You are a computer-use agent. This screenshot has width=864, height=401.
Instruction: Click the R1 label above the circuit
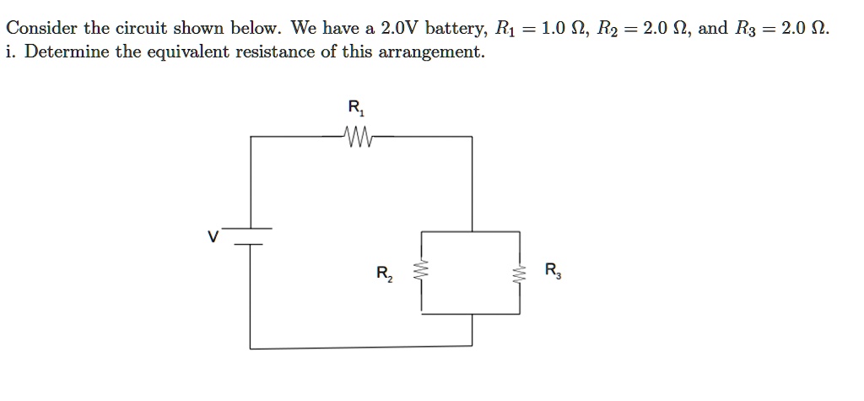(x=355, y=108)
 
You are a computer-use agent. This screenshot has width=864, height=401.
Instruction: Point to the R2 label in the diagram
(x=384, y=274)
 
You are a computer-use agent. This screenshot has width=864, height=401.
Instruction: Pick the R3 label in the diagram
(x=552, y=271)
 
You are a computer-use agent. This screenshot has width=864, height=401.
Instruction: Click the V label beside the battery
(x=214, y=237)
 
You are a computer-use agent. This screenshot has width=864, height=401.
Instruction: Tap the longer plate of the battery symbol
(x=251, y=228)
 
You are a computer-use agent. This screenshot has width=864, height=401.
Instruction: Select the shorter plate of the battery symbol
(x=250, y=244)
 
